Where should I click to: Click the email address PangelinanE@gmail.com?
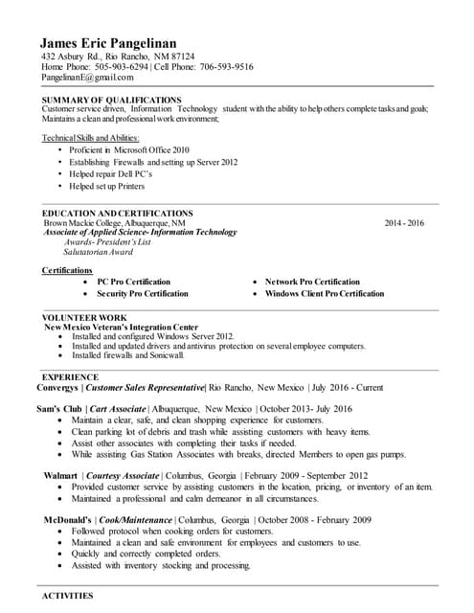click(87, 78)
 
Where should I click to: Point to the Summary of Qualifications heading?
click(111, 100)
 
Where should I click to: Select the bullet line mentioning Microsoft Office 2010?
click(130, 150)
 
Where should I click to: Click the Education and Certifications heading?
click(118, 213)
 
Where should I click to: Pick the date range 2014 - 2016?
click(403, 222)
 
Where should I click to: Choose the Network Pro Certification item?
click(312, 282)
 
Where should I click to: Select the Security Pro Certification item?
click(142, 293)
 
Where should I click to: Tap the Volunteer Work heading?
click(84, 317)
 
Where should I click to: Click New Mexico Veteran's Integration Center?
click(122, 327)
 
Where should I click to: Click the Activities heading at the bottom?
click(67, 596)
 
